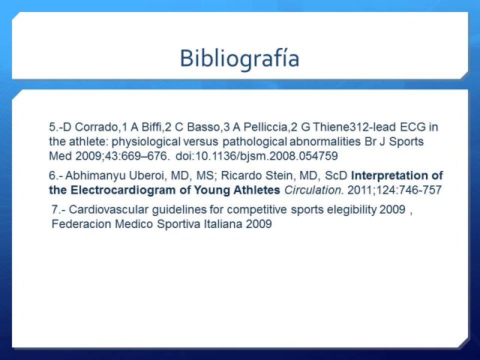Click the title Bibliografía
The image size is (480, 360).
(x=239, y=58)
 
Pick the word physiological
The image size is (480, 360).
(x=146, y=142)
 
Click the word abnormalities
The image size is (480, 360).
(x=325, y=142)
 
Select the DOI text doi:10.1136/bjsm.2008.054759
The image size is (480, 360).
(x=256, y=156)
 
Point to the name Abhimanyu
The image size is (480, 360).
(x=95, y=175)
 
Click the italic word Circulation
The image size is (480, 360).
(x=313, y=190)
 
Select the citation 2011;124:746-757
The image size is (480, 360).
(x=394, y=190)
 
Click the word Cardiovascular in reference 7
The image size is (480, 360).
(x=109, y=210)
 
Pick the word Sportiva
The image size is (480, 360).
(x=178, y=224)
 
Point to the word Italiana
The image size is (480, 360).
(x=223, y=224)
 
